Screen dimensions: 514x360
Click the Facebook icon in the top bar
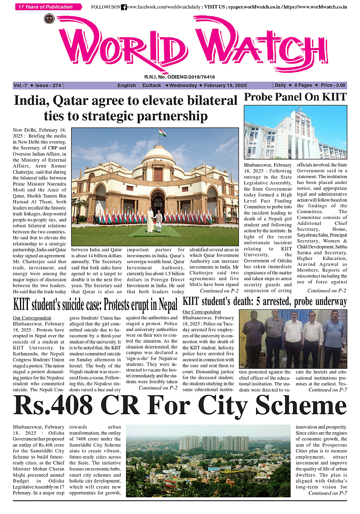coord(124,7)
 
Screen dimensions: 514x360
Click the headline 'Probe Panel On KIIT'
coord(295,97)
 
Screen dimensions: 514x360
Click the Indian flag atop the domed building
coord(162,133)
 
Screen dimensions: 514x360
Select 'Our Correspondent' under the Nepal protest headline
coord(28,318)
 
